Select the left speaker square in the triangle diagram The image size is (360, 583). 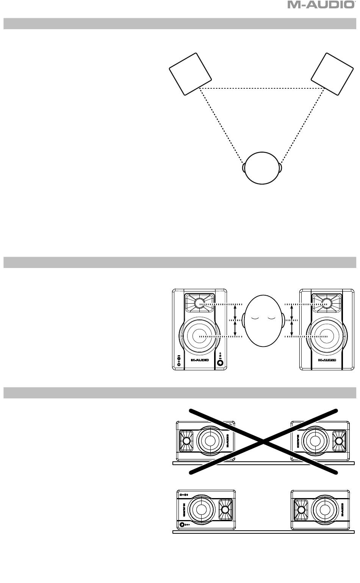tap(190, 74)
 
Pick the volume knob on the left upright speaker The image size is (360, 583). tap(220, 362)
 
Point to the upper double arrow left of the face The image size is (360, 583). tap(236, 312)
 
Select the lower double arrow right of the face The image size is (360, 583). tap(291, 329)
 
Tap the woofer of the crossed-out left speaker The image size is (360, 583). tap(208, 440)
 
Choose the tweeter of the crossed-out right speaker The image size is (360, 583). tap(338, 440)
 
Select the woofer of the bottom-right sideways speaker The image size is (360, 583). tap(324, 510)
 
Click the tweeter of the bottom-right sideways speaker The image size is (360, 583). tap(302, 510)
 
